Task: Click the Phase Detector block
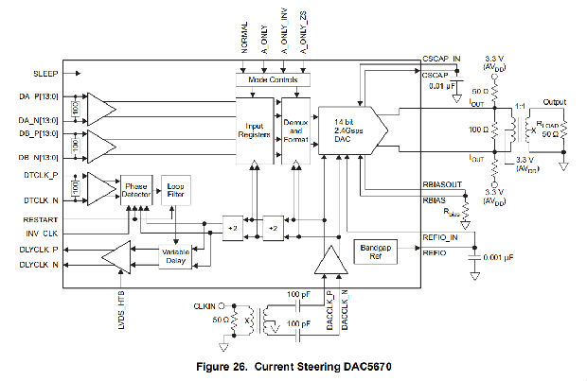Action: [x=136, y=189]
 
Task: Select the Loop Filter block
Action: [x=176, y=189]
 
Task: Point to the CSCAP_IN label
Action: [x=440, y=59]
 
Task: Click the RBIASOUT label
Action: [x=440, y=185]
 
